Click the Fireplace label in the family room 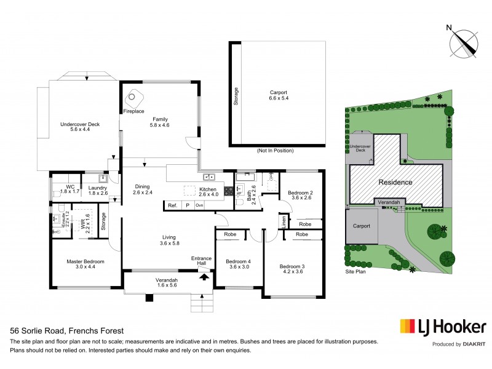coord(133,111)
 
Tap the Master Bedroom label coord(85,265)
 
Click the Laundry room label coord(98,191)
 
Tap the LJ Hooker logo coord(443,327)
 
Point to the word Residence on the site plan coord(395,183)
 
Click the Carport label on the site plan coord(361,226)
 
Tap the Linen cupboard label coord(283,220)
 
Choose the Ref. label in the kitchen coord(172,205)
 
